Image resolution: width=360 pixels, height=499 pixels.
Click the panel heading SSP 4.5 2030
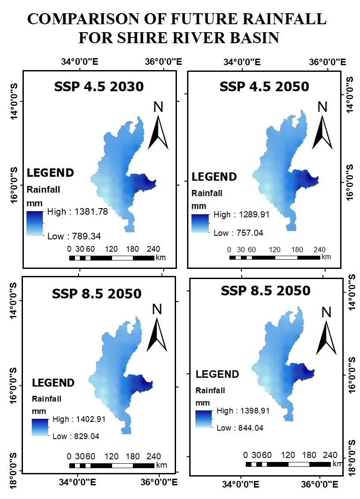(99, 87)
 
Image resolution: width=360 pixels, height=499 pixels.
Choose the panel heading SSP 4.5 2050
(264, 87)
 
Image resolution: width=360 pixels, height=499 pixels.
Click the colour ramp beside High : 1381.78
(35, 223)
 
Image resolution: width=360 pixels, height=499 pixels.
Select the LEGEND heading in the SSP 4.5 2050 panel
(214, 177)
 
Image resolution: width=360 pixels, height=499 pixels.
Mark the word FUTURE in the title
(184, 19)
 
